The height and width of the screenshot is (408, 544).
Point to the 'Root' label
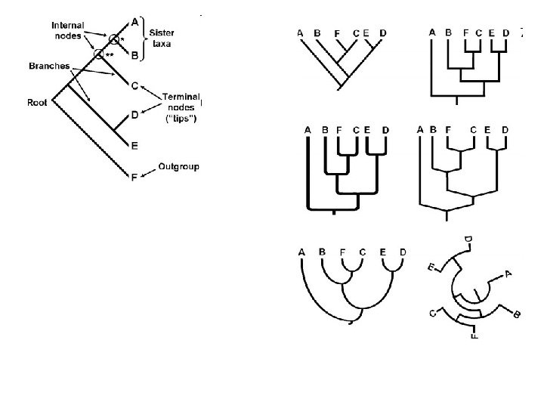click(x=38, y=103)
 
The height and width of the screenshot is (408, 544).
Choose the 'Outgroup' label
click(x=178, y=166)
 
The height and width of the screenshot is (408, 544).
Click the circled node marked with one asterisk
click(x=114, y=39)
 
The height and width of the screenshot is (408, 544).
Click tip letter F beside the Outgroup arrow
click(x=134, y=178)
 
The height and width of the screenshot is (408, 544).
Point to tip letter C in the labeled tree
click(x=134, y=85)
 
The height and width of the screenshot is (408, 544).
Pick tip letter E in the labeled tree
click(x=134, y=145)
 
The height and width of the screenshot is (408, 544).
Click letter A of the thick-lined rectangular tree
click(x=308, y=129)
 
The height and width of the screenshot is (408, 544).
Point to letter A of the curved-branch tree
click(x=301, y=252)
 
